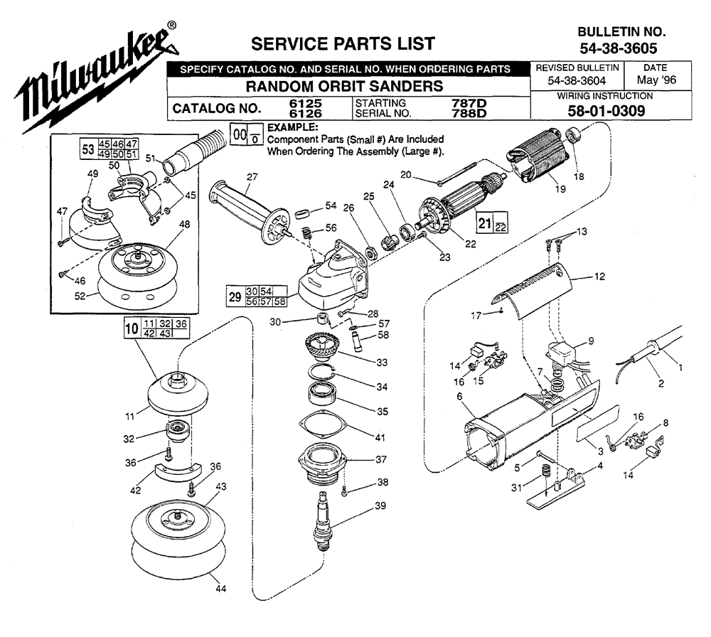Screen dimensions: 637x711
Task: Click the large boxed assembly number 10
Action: (130, 329)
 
